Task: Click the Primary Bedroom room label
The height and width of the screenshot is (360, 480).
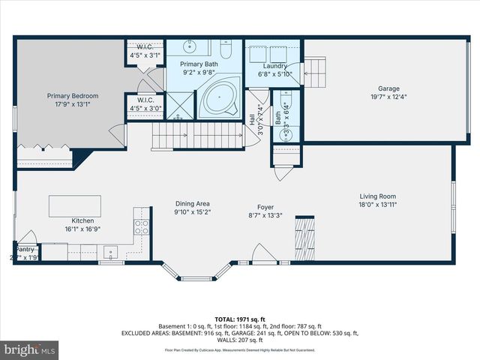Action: [x=73, y=100]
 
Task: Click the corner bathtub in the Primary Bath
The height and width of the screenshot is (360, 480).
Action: [x=220, y=99]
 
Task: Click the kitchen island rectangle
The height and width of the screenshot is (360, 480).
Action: [x=74, y=205]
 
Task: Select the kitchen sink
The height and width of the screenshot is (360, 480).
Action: [x=110, y=251]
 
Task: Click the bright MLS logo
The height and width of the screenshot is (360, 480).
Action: [x=30, y=350]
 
